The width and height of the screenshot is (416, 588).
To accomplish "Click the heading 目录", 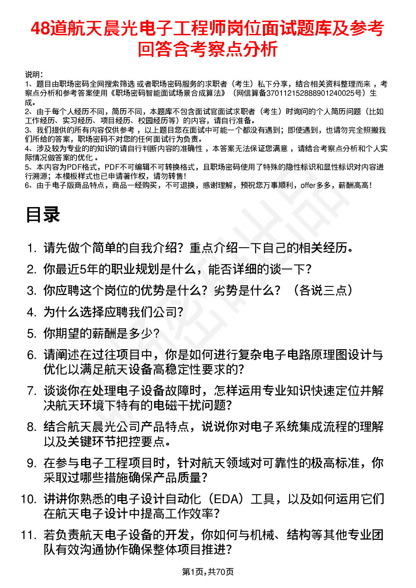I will (43, 215).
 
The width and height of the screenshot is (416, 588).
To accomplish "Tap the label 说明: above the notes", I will (34, 75).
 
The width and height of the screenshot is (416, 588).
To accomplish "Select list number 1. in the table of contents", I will (32, 248).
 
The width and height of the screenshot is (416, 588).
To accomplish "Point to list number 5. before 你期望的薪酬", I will (32, 334).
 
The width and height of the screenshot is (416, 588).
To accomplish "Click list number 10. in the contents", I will (29, 499).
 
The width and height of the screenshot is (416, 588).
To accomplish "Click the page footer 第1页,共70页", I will (208, 572).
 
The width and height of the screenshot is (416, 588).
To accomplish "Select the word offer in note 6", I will (308, 185).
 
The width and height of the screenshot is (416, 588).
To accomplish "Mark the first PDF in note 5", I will (74, 167).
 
